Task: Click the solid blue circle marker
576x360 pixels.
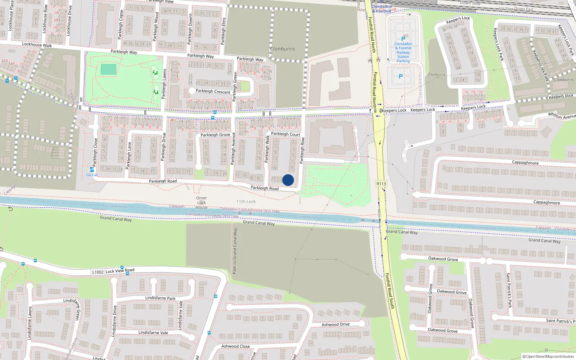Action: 288,180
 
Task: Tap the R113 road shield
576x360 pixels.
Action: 381,184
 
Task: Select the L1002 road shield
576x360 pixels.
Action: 98,272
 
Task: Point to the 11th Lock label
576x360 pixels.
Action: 246,202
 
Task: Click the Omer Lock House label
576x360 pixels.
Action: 202,203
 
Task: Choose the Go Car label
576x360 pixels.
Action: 92,175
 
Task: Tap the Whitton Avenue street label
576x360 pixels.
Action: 562,116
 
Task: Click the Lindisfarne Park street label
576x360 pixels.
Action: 160,298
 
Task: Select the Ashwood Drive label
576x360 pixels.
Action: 336,324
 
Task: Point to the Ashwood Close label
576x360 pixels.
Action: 235,346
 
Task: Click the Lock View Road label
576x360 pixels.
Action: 120,271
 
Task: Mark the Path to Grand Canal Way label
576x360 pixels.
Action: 235,251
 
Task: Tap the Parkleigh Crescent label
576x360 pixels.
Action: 213,91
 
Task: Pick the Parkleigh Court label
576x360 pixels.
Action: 285,134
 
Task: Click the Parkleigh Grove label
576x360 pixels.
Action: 215,135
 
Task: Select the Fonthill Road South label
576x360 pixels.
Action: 390,291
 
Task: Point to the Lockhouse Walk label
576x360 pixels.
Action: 37,45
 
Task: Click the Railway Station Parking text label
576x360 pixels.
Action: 403,53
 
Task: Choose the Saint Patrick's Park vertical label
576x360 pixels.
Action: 509,290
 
